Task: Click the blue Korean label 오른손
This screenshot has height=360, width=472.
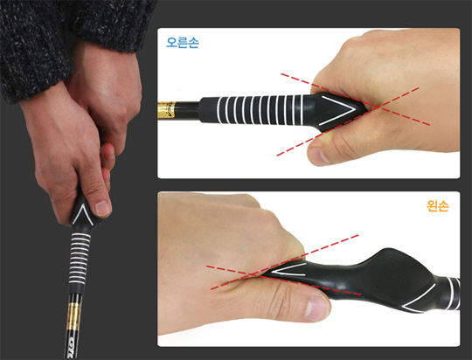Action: [x=183, y=43]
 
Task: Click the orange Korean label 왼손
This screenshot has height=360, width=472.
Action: [x=438, y=206]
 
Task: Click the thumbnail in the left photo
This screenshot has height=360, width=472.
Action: [x=102, y=208]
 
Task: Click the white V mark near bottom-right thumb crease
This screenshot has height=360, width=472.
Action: [x=289, y=269]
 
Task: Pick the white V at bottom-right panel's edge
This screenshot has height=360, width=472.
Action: [x=420, y=298]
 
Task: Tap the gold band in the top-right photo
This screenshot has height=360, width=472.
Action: [x=166, y=110]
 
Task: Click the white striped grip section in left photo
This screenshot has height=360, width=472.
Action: [x=80, y=259]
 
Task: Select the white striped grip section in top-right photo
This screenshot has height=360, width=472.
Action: [x=260, y=110]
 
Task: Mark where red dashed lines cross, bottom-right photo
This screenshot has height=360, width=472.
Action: [x=252, y=274]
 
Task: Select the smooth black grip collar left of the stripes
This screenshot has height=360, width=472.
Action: [x=208, y=109]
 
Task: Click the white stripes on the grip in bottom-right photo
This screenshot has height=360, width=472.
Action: [x=454, y=294]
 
